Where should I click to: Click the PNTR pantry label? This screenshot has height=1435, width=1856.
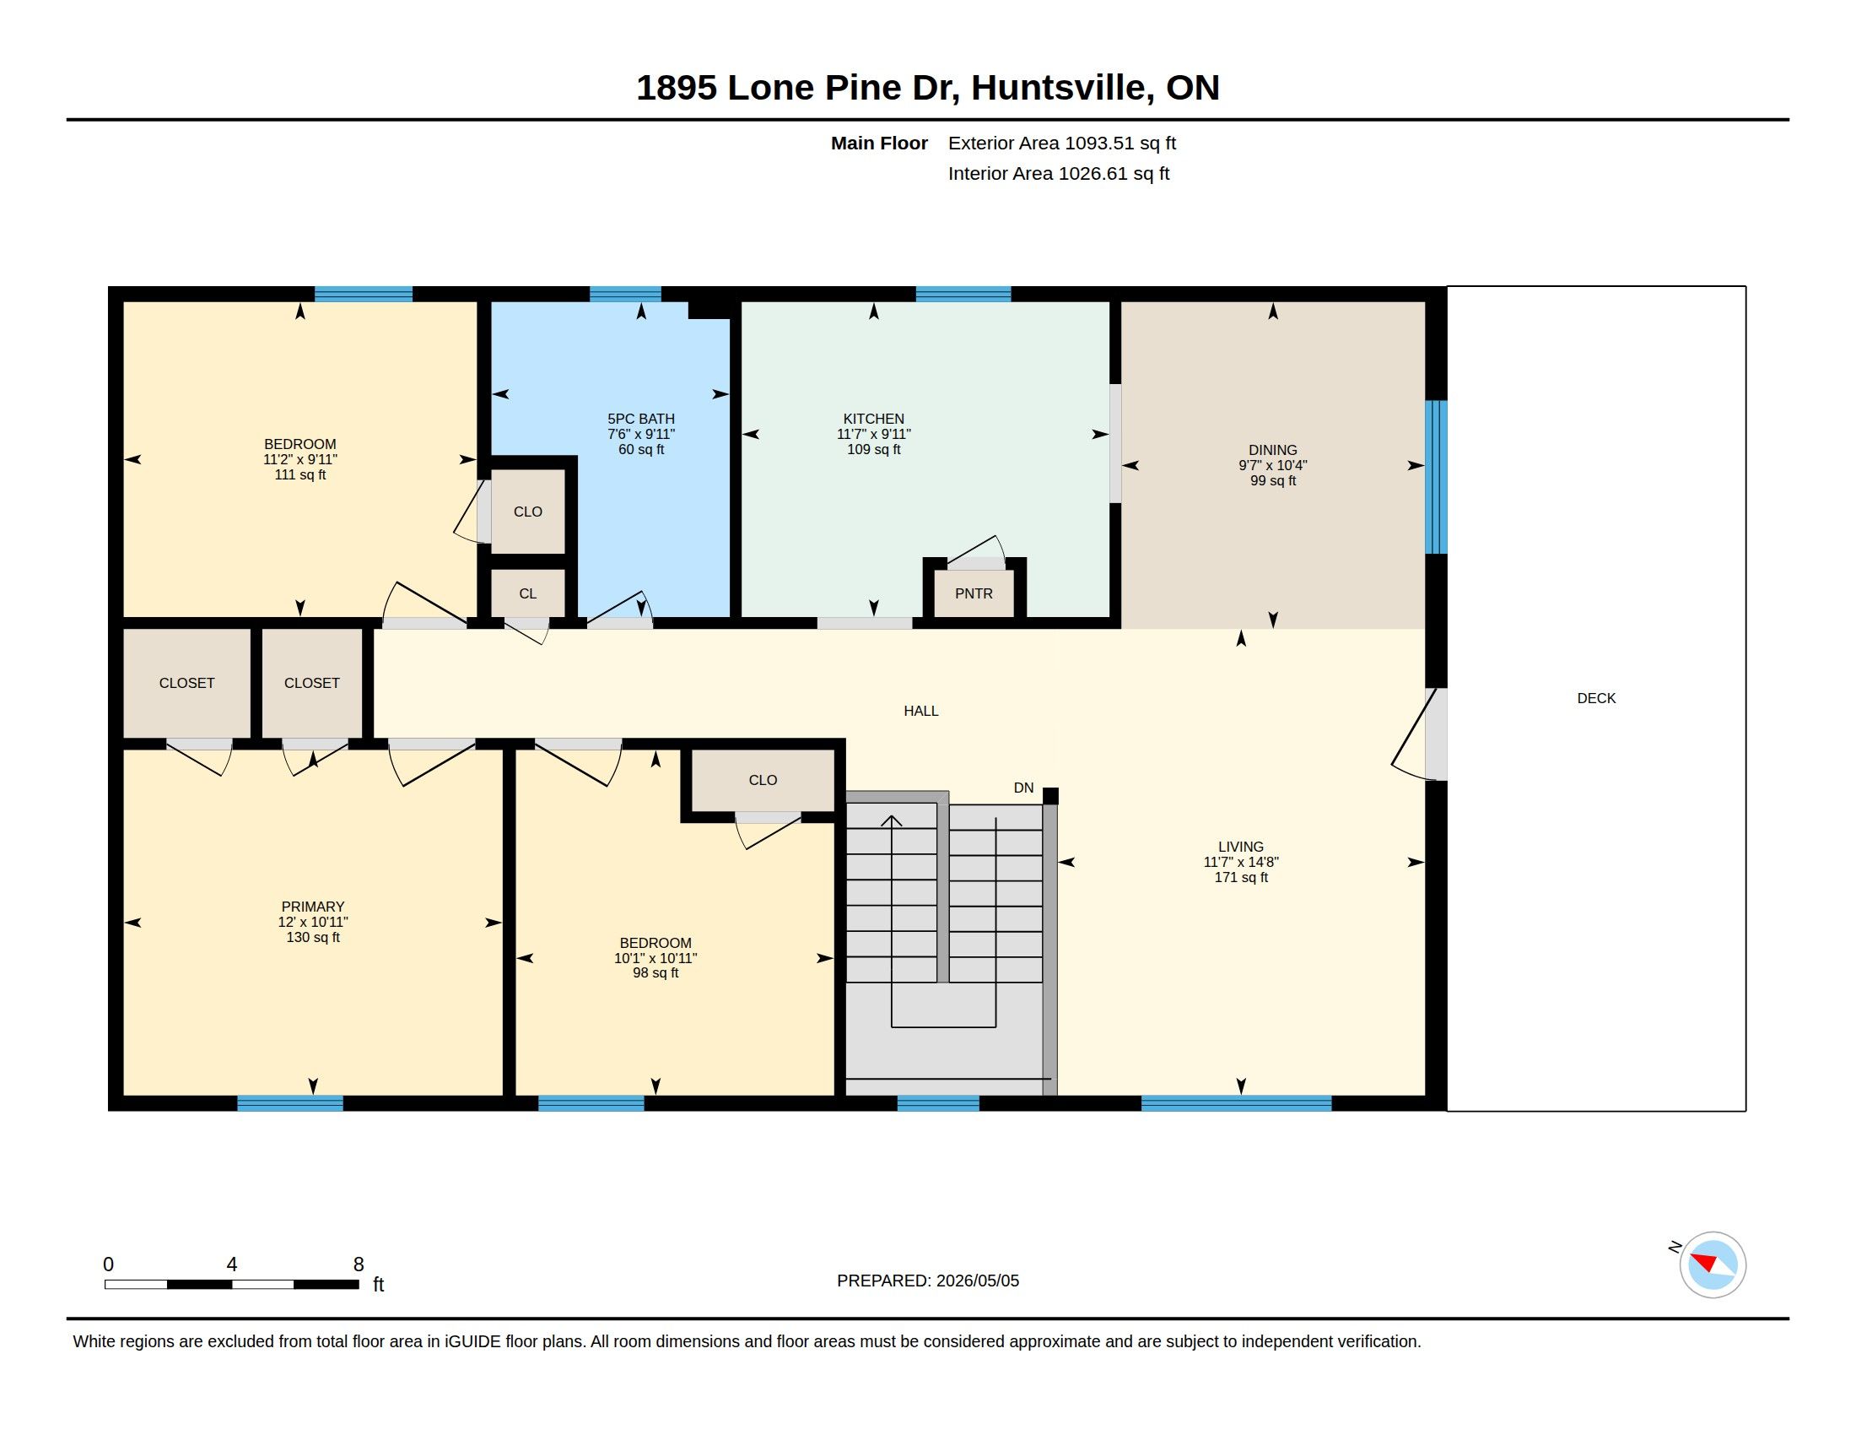[x=973, y=593]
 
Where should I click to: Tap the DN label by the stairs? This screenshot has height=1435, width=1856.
[x=1023, y=788]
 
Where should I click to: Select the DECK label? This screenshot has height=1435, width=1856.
[x=1596, y=698]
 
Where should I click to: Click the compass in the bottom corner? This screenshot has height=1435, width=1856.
[x=1712, y=1264]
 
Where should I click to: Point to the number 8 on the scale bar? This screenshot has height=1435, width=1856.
[x=359, y=1264]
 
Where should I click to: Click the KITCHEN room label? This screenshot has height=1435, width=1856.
[x=874, y=420]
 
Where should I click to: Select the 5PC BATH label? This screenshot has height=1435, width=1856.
[x=641, y=420]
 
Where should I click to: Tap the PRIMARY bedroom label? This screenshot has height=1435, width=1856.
[x=313, y=907]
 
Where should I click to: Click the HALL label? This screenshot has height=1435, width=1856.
[x=921, y=711]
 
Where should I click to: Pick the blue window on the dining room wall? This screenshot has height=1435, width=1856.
[x=1435, y=477]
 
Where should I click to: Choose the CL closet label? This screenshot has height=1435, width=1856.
[x=528, y=593]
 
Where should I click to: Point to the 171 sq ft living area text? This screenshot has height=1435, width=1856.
[x=1241, y=877]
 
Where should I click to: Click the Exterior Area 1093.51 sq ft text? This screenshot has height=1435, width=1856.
[x=1062, y=143]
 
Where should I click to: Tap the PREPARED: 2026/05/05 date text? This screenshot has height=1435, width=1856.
[x=928, y=1281]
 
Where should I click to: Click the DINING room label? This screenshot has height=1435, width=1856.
[x=1272, y=451]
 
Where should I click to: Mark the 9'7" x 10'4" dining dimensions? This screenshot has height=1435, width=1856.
[x=1272, y=466]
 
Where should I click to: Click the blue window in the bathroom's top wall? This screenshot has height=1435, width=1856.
[x=625, y=294]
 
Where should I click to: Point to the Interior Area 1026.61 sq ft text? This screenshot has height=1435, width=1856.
[x=1059, y=173]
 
